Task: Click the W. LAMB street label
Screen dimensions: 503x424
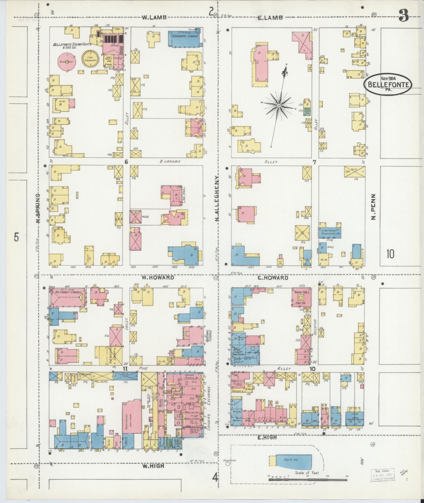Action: [x=154, y=17]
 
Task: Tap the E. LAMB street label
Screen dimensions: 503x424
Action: [x=270, y=18]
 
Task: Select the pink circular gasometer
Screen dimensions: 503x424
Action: [x=67, y=61]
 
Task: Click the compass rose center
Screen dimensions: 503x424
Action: [x=279, y=105]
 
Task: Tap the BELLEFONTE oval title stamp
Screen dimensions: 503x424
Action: [x=388, y=84]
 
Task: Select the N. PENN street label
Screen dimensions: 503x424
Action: [x=373, y=207]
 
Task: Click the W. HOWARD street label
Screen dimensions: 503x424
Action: [x=158, y=277]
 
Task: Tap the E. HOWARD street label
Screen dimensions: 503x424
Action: [x=273, y=278]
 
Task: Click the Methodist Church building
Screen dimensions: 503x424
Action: [x=67, y=297]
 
